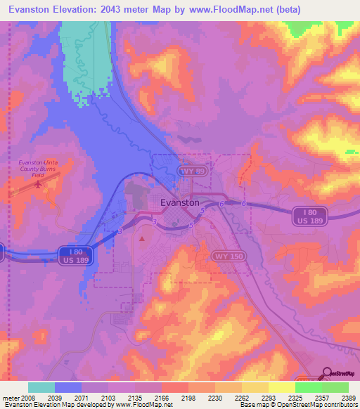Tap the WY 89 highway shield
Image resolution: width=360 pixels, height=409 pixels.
[x=191, y=171]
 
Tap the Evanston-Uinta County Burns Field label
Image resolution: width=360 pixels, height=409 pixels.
[x=39, y=169]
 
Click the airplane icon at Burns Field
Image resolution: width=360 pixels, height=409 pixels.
[x=37, y=184]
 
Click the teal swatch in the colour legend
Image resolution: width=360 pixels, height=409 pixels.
[x=41, y=387]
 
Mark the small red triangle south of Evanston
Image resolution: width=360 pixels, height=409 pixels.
[x=143, y=239]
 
